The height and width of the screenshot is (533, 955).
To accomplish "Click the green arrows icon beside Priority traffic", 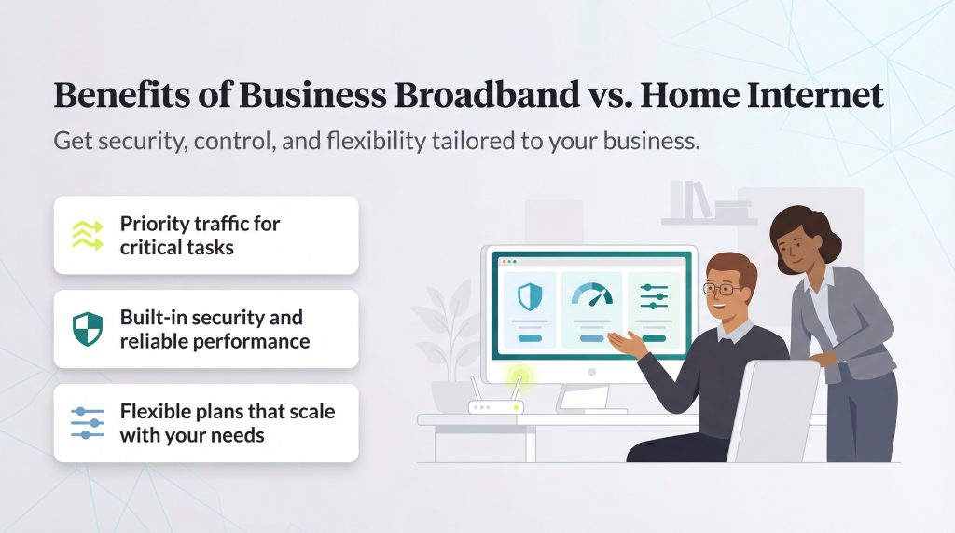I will pos(87,235).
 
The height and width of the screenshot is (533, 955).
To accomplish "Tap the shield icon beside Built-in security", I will pos(87,329).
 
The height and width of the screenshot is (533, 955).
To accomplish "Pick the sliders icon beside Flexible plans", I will pos(88,422).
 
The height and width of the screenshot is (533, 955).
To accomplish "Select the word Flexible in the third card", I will pos(157,411).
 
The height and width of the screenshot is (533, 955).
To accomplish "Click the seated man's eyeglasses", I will pos(723,289).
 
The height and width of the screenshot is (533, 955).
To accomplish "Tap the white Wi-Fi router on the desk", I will pos(494,406).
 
